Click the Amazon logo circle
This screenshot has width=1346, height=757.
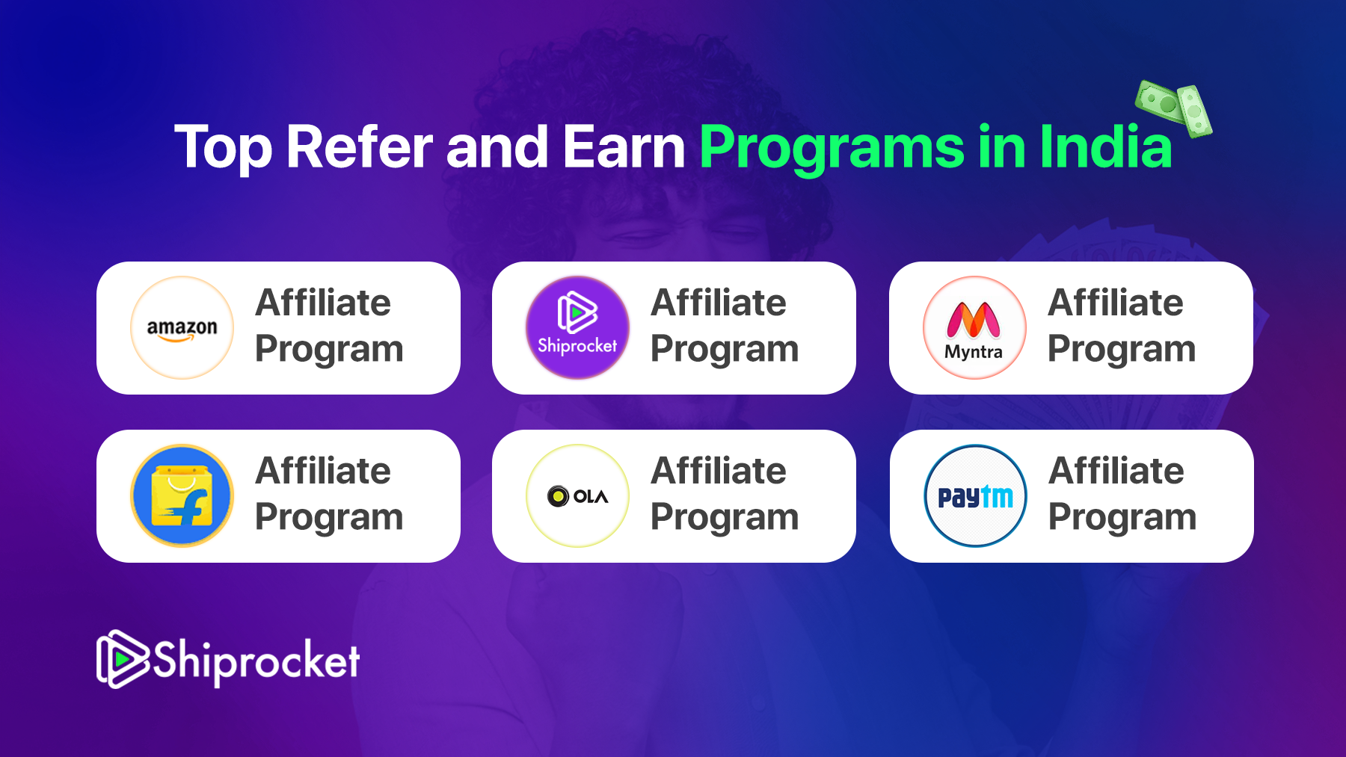coord(182,328)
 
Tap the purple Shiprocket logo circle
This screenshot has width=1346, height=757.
coord(577,328)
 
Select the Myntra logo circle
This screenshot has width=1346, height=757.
coord(974,328)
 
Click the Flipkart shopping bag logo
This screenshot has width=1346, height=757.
coord(182,496)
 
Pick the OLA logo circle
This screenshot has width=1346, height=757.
coord(577,496)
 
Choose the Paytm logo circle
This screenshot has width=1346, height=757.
coord(975,496)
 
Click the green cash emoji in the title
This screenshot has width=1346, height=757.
coord(1173,109)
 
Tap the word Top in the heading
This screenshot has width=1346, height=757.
coord(223,147)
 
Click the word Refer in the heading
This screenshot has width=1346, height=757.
coord(359,147)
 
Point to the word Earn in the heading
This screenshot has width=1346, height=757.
coord(624,147)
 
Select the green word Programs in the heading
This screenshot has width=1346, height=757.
coord(832,147)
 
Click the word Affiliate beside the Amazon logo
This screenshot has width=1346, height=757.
coord(322,303)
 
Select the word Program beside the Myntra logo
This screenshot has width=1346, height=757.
coord(1121,350)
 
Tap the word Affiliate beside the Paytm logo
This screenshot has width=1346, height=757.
coord(1116,472)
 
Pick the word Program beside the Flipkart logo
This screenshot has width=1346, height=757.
coord(328,518)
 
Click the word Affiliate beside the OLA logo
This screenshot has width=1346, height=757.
coord(718,472)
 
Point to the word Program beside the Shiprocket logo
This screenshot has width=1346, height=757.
coord(724,350)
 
